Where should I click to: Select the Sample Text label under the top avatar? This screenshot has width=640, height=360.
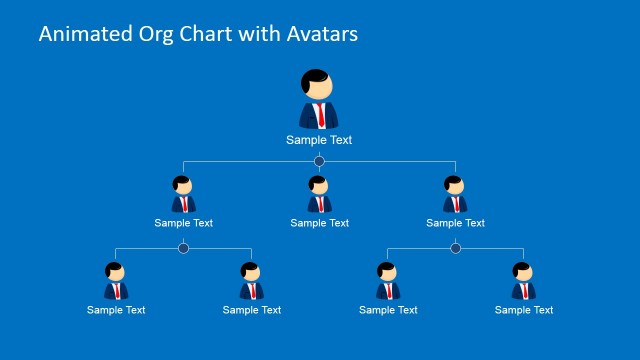pyautogui.click(x=319, y=140)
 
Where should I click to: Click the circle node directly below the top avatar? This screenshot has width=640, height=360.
pyautogui.click(x=319, y=161)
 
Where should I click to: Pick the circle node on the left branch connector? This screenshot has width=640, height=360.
pyautogui.click(x=183, y=248)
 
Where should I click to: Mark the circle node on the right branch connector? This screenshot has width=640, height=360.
pyautogui.click(x=455, y=248)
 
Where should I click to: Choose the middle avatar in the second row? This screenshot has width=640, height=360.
pyautogui.click(x=319, y=195)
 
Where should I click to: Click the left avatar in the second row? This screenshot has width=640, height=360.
pyautogui.click(x=183, y=195)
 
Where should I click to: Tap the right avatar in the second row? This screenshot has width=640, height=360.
pyautogui.click(x=455, y=195)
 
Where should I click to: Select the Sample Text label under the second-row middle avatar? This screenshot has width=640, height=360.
pyautogui.click(x=320, y=223)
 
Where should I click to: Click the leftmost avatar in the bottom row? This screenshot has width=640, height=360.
pyautogui.click(x=116, y=281)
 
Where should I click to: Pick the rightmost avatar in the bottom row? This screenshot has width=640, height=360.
pyautogui.click(x=523, y=281)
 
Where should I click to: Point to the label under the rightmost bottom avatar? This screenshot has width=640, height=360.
pyautogui.click(x=524, y=310)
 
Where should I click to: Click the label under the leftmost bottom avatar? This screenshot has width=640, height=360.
pyautogui.click(x=116, y=310)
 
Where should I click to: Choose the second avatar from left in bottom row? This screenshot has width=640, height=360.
pyautogui.click(x=251, y=281)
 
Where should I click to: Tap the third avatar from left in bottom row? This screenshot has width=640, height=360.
pyautogui.click(x=387, y=281)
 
